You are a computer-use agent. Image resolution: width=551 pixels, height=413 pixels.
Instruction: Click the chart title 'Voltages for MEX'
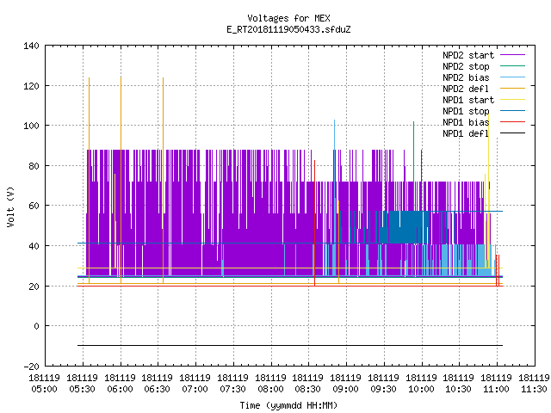(288, 18)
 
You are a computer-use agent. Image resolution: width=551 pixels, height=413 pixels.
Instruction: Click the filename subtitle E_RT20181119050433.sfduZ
(288, 29)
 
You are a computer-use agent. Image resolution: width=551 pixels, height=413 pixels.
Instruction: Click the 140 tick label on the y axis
(31, 46)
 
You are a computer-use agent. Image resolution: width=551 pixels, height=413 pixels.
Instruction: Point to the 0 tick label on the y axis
(36, 326)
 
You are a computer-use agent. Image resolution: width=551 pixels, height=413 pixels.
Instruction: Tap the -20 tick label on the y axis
(31, 367)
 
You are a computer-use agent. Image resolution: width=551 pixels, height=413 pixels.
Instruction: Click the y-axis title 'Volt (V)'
(11, 206)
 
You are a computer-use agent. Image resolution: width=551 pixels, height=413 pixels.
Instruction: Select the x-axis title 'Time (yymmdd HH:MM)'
(288, 405)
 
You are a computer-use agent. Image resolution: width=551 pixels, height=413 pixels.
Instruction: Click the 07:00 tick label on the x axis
(195, 384)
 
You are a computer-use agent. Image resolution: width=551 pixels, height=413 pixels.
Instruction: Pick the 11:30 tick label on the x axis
(534, 384)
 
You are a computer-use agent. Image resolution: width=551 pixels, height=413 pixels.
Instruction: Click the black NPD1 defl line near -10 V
(290, 346)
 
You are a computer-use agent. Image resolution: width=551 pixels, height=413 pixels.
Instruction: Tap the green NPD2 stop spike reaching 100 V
(413, 166)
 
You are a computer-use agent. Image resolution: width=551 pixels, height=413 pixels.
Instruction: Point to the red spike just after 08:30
(314, 223)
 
